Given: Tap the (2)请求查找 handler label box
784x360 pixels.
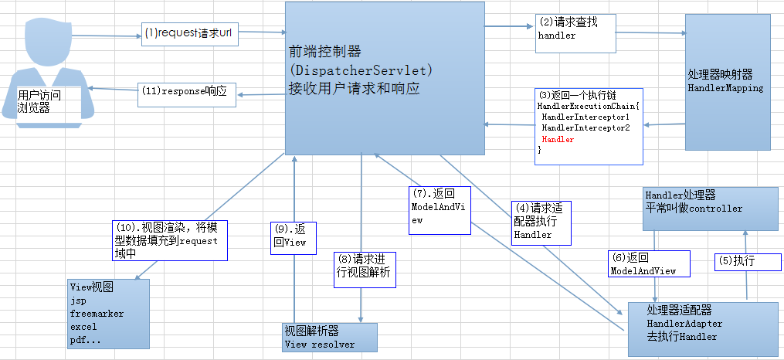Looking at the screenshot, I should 576,29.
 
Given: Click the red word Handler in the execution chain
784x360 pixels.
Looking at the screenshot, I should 558,139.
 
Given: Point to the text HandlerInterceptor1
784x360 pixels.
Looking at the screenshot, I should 585,116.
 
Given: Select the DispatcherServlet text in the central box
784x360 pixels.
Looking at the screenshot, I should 360,70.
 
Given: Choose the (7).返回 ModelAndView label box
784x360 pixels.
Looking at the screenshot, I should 440,209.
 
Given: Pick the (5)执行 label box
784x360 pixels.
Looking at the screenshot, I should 739,261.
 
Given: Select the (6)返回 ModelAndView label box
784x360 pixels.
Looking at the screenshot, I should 643,264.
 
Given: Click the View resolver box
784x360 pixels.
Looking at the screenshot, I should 330,338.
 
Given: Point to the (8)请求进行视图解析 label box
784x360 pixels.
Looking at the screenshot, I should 365,270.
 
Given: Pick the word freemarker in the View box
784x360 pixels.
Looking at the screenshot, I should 97,314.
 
